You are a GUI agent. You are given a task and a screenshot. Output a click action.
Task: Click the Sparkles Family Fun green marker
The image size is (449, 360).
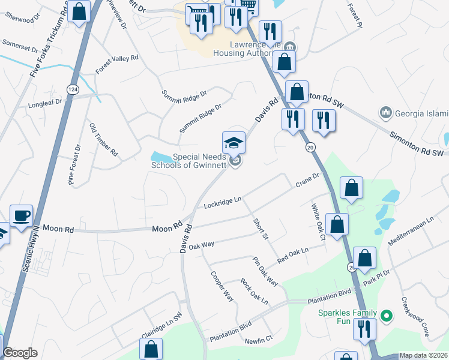[387, 315]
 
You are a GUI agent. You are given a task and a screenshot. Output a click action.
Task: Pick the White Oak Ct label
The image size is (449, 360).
[318, 223]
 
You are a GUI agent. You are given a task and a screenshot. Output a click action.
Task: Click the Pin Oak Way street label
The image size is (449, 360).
[265, 271]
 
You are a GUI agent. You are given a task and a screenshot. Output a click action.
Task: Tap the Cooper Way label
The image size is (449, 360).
[221, 286]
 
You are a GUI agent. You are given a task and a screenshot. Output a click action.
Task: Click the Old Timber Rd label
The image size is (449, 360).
[103, 141]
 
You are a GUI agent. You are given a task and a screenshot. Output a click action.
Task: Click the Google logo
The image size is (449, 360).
[20, 353]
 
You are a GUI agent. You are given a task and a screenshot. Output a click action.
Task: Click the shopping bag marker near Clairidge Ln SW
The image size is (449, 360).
[151, 349]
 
